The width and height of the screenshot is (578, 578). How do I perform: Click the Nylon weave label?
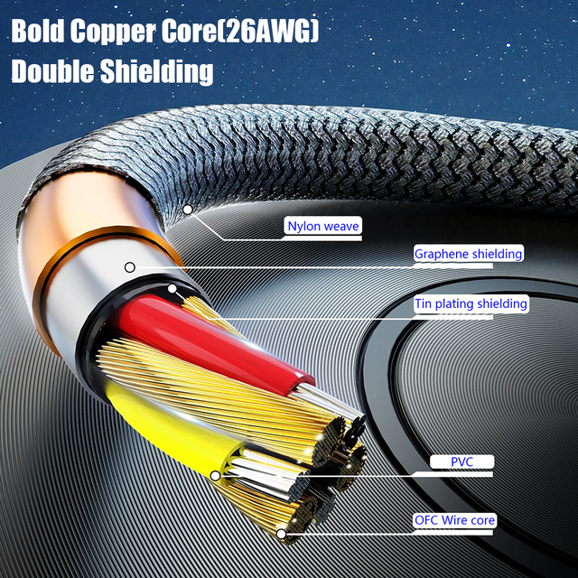323,226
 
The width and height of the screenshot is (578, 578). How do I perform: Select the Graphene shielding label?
468,254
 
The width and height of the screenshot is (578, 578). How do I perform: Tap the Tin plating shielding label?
470,303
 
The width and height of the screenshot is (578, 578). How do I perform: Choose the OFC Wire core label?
455,520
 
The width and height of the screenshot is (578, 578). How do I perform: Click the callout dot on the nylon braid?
188,210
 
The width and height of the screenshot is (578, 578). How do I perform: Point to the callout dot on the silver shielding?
130,267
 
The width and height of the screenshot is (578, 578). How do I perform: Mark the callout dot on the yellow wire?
215,474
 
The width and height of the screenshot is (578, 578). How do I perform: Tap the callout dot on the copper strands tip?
282,534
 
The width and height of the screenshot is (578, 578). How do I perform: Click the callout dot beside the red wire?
172,290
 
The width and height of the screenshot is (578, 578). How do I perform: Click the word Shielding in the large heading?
159,71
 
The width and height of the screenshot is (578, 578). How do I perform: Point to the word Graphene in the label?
440,254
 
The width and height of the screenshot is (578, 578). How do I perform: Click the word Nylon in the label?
304,226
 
